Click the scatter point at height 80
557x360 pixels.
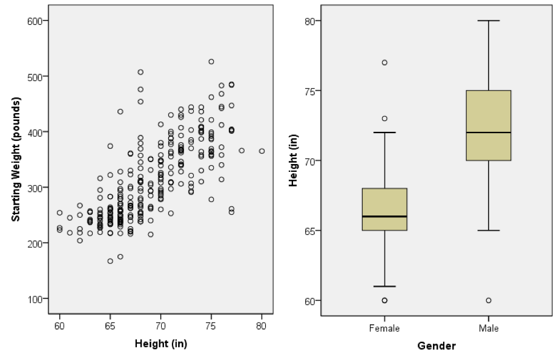262,151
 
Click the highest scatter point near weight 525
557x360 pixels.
211,62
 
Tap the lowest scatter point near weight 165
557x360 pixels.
110,261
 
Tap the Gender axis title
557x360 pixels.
436,346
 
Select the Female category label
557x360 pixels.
384,328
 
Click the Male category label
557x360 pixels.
488,328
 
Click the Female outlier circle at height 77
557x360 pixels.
384,62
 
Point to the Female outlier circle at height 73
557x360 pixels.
384,119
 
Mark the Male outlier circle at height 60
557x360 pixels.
488,301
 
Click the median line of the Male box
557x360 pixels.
488,133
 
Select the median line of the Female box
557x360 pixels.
384,217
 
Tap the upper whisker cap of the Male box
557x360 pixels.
488,21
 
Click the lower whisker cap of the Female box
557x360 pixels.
384,286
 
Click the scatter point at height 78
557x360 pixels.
242,151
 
